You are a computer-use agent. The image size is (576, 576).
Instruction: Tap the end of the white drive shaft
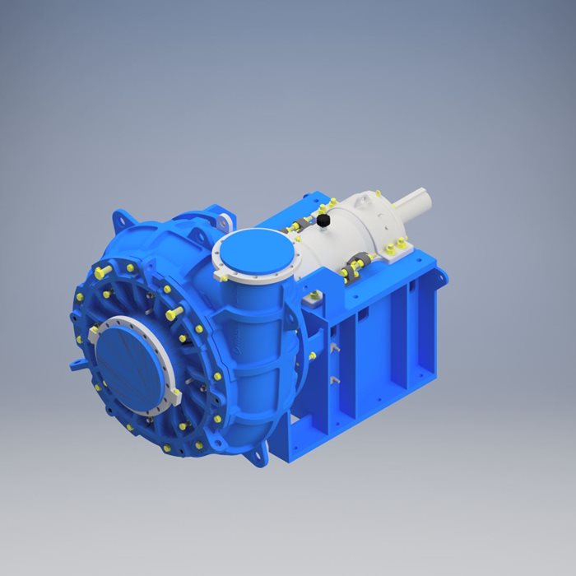pyautogui.click(x=428, y=197)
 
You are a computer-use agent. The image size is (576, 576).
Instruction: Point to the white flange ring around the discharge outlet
pyautogui.click(x=221, y=254)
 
